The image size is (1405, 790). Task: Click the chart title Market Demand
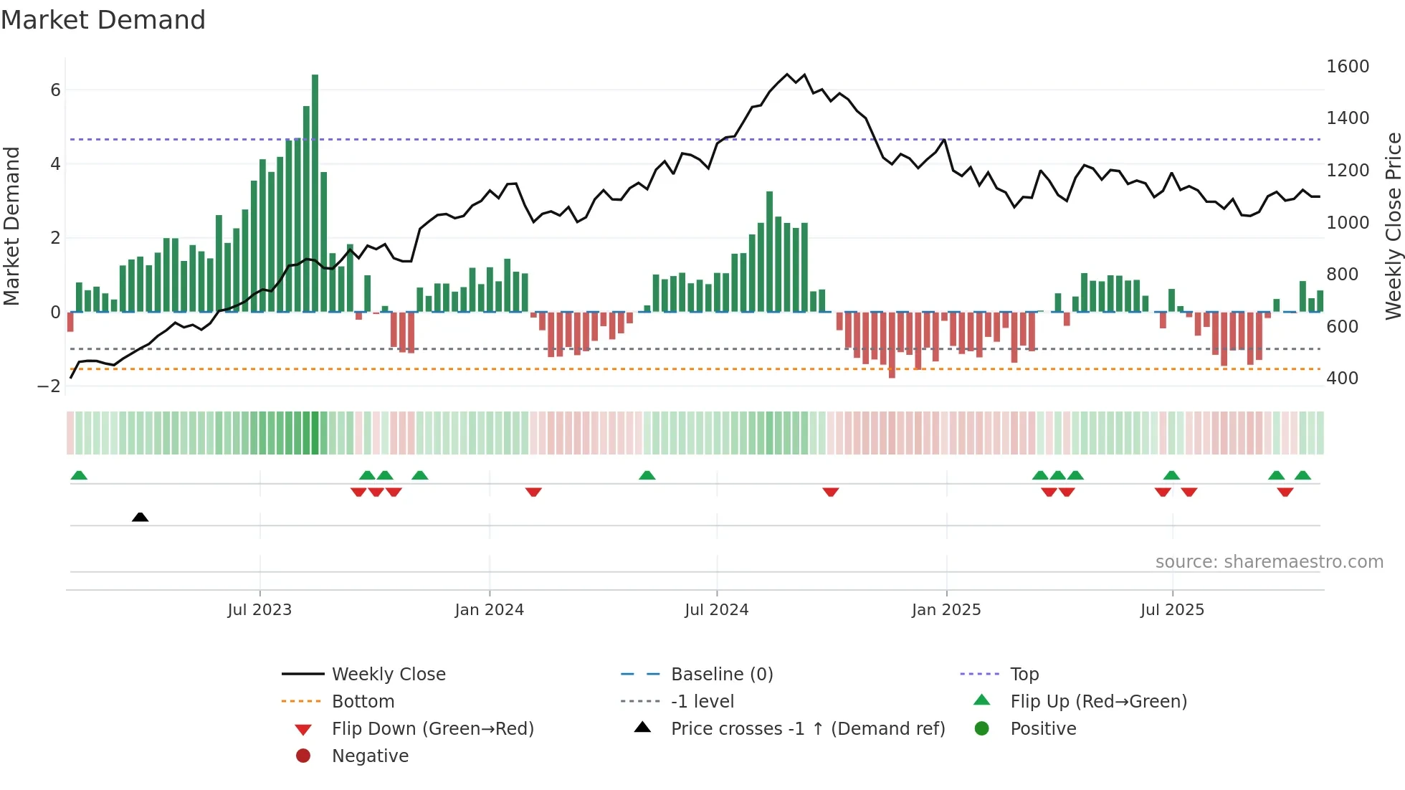pos(103,20)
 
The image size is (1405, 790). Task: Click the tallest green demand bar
pos(315,194)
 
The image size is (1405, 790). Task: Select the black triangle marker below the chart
pos(140,517)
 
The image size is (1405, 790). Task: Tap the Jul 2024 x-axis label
pos(716,610)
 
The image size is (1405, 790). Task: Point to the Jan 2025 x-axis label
pos(946,610)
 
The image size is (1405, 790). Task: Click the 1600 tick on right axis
pos(1347,67)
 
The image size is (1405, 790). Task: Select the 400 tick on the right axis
pos(1341,379)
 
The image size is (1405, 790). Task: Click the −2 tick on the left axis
pos(49,386)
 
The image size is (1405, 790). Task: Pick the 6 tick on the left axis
pos(55,90)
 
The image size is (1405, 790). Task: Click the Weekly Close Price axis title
pos(1393,226)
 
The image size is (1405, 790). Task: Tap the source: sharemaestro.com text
pos(1269,562)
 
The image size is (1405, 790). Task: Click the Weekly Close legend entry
pos(388,675)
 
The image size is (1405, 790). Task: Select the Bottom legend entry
pos(363,702)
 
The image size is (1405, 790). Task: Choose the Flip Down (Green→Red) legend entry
pos(432,729)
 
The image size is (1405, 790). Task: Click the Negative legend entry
pos(370,756)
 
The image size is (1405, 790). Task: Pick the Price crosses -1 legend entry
pos(807,729)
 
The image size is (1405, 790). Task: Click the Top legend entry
pos(1024,675)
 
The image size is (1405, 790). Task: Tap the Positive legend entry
pos(1042,729)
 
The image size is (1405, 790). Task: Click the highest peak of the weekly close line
pos(787,75)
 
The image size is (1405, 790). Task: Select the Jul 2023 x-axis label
pos(259,610)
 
